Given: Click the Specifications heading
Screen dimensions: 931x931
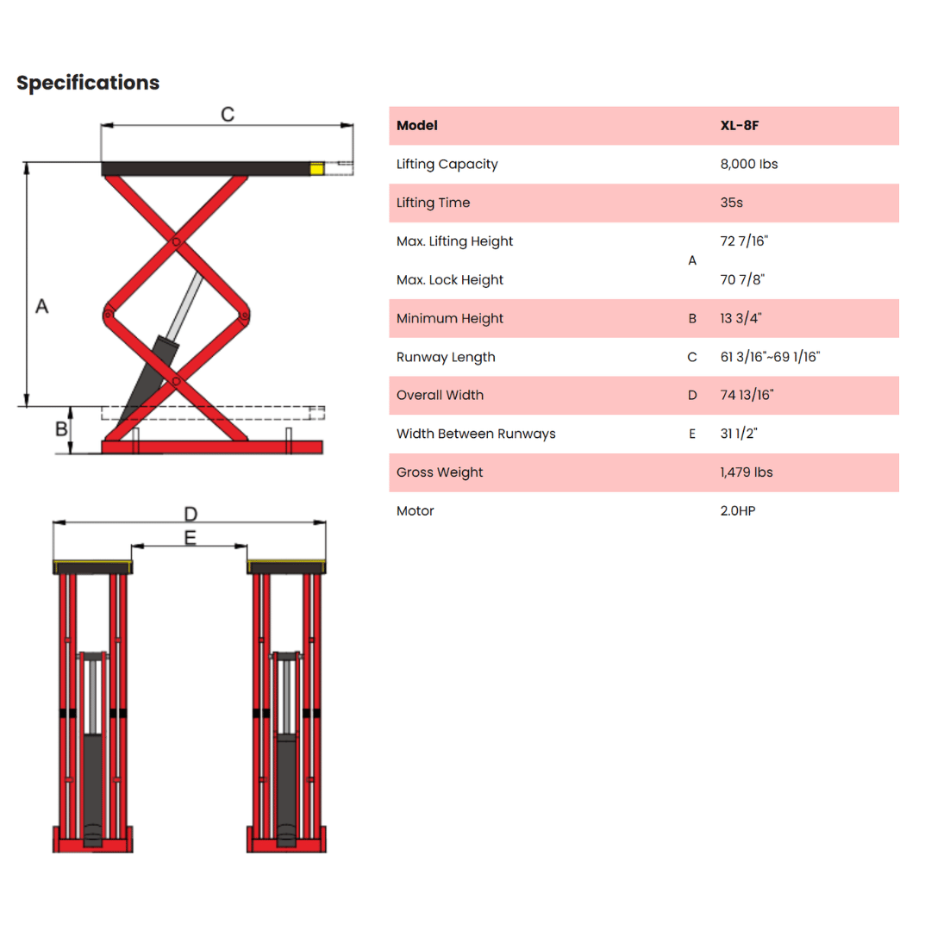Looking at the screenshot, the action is (88, 83).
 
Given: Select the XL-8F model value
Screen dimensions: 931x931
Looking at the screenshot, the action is (740, 125).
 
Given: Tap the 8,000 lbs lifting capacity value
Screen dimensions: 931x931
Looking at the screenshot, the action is (749, 164).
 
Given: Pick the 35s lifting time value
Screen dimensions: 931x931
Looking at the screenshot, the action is (732, 203).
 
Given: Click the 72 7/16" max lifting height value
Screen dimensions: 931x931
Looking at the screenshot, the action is (744, 241).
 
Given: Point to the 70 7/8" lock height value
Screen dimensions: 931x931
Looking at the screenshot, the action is (742, 279).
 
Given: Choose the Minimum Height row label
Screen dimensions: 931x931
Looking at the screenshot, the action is (449, 318).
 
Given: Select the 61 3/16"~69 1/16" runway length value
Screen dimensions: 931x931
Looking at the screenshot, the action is (770, 357).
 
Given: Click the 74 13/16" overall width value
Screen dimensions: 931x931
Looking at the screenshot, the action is (747, 395).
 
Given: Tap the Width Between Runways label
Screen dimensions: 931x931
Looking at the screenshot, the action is (476, 434).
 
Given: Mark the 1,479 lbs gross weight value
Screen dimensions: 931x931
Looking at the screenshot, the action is (747, 472).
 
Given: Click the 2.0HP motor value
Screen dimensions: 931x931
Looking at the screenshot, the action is (737, 510).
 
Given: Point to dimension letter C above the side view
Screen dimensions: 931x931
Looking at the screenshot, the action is (228, 114).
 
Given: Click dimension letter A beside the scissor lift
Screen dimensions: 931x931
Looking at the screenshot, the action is (41, 306).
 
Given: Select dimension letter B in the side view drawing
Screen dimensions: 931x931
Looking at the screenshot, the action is (61, 428).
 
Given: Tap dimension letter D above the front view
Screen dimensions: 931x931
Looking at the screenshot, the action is (191, 514).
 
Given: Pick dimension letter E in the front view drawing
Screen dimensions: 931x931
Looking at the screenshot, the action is (190, 538).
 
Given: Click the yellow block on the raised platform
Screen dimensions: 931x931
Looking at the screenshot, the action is (317, 169).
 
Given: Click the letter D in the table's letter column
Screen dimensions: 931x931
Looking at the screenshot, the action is (692, 396).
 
